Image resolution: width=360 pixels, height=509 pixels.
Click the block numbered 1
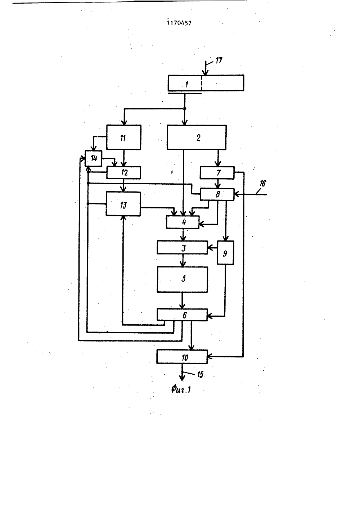[x=206, y=83]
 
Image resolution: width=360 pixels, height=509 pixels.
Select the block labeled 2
[x=197, y=137]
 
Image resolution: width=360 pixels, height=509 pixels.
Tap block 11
[x=123, y=137]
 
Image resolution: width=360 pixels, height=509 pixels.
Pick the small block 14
[x=93, y=158]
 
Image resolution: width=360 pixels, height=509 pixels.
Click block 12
[x=123, y=173]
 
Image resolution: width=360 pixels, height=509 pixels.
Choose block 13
[x=123, y=204]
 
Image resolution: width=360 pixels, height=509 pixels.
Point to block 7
[x=217, y=173]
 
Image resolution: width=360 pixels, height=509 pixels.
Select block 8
[x=217, y=194]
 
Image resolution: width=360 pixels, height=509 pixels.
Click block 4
[x=183, y=222]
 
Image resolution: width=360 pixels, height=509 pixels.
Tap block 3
[x=182, y=247]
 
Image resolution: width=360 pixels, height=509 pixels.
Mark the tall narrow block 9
[x=225, y=253]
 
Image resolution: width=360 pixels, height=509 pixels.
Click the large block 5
[x=182, y=279]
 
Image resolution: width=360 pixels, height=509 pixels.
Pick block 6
[x=182, y=315]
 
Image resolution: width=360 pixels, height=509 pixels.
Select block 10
[x=182, y=356]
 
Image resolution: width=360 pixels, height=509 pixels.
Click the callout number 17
[x=219, y=60]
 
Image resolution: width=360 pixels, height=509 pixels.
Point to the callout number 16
[x=262, y=183]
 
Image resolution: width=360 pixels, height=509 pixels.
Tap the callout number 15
[x=200, y=375]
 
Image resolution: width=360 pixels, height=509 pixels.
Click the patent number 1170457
[x=179, y=23]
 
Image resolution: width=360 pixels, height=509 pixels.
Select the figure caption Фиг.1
[x=181, y=390]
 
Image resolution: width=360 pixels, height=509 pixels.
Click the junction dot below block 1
[x=185, y=109]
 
